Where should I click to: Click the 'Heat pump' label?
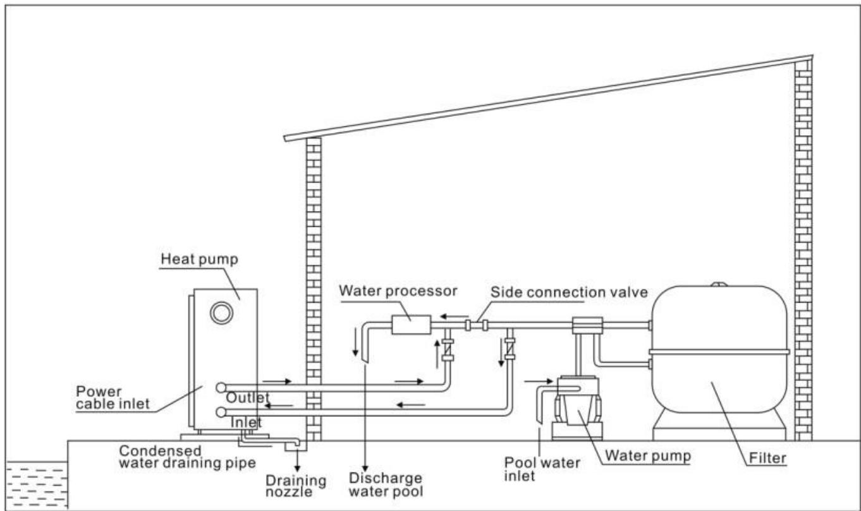coord(199,259)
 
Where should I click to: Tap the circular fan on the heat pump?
coord(221,313)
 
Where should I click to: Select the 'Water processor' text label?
coord(398,291)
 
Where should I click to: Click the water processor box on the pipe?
coord(411,325)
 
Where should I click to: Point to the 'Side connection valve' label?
coord(569,292)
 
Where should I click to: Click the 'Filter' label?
coord(767,458)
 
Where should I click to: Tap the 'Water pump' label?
coord(648,455)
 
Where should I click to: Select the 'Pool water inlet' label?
coord(542,469)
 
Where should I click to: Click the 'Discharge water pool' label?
coord(386,484)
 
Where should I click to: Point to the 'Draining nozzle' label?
coord(296,486)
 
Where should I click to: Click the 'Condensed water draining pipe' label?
coord(187,457)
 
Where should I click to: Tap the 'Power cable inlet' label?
coord(113,397)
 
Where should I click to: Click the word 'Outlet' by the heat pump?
coord(247,398)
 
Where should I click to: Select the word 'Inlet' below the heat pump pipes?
coord(246,423)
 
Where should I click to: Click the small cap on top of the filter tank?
coord(719,284)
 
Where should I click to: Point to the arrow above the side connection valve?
coord(455,316)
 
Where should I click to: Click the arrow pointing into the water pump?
coord(539,382)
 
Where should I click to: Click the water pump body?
coord(577,407)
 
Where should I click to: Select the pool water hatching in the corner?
coord(37,485)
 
